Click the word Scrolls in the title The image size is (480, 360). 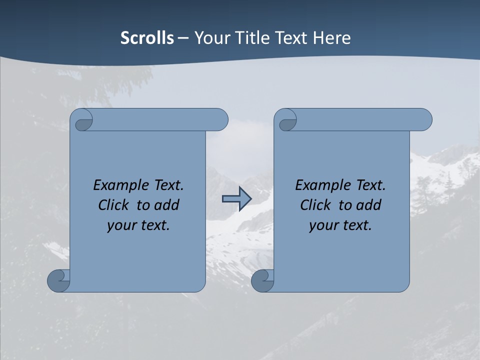pos(147,38)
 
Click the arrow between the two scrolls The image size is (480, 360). pos(236,199)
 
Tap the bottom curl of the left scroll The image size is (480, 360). pos(58,280)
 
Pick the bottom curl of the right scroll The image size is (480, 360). pos(262,280)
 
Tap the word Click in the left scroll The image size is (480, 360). pos(113,205)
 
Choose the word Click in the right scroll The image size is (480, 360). pos(315,205)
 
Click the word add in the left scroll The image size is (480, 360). pos(167,205)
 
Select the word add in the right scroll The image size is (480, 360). pos(369,205)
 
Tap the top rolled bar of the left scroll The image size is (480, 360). pos(160,119)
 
